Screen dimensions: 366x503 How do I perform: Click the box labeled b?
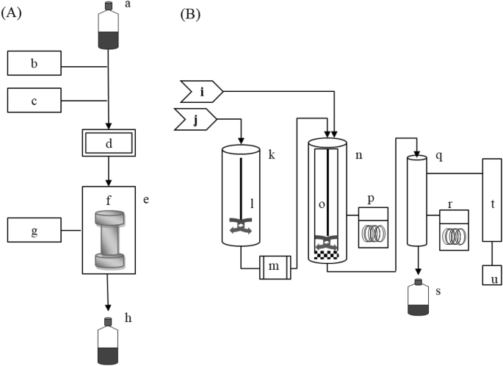click(34, 64)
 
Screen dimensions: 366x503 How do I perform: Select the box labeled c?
click(34, 101)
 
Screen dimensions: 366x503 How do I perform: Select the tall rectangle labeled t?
click(492, 201)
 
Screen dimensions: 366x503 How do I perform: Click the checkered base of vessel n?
click(326, 254)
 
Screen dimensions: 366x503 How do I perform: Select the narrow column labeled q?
click(417, 200)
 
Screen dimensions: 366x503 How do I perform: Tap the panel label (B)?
click(192, 13)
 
